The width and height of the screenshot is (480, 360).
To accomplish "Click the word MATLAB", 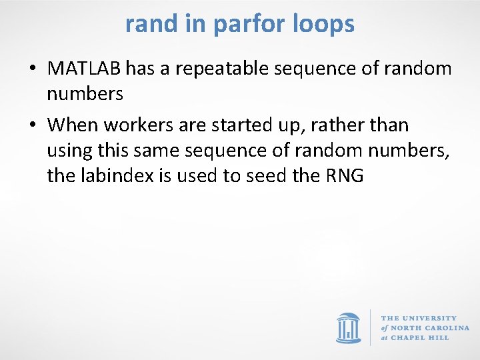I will click(85, 69).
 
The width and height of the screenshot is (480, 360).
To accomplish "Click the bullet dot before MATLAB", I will click(33, 69).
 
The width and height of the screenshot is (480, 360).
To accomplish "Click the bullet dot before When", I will click(33, 125).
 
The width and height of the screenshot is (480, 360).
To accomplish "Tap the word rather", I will click(347, 125).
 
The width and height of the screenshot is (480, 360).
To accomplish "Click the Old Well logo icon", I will click(348, 327).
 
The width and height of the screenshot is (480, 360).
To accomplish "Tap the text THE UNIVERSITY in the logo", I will click(419, 318).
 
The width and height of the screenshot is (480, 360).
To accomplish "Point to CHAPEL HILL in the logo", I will click(421, 337).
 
